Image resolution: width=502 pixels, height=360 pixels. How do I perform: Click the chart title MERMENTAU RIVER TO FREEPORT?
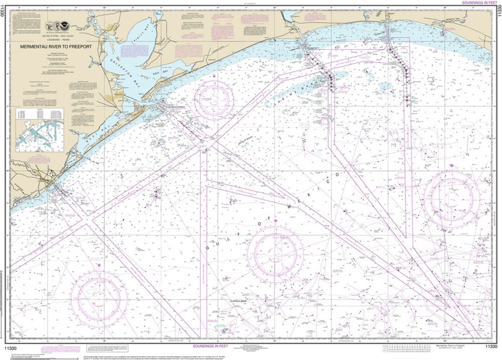click(x=56, y=47)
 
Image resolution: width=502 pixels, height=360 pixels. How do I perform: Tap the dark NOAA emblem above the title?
click(x=65, y=26)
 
